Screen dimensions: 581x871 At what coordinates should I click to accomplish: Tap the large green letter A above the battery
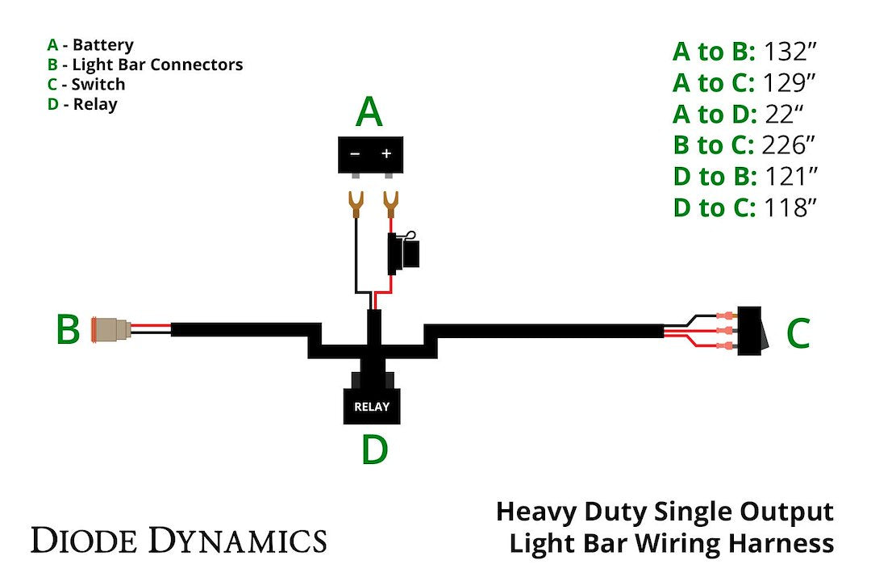(369, 112)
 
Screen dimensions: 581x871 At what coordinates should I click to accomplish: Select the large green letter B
(68, 330)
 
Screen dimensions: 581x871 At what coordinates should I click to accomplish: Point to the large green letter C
(797, 333)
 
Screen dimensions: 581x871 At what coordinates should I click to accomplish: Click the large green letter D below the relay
(374, 450)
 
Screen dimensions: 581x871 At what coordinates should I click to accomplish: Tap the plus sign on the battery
(386, 153)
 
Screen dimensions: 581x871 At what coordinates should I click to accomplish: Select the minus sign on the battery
(355, 153)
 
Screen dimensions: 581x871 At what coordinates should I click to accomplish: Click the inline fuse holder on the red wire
(403, 251)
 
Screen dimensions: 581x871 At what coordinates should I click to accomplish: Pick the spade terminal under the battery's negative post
(354, 203)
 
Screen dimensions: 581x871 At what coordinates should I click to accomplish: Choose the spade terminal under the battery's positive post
(391, 203)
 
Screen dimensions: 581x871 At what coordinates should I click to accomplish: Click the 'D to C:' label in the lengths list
(714, 207)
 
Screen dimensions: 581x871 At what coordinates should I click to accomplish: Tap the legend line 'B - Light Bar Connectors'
(145, 65)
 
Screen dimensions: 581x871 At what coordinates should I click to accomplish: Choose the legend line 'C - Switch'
(86, 84)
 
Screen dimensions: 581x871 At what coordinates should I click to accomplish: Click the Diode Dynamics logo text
(178, 540)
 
